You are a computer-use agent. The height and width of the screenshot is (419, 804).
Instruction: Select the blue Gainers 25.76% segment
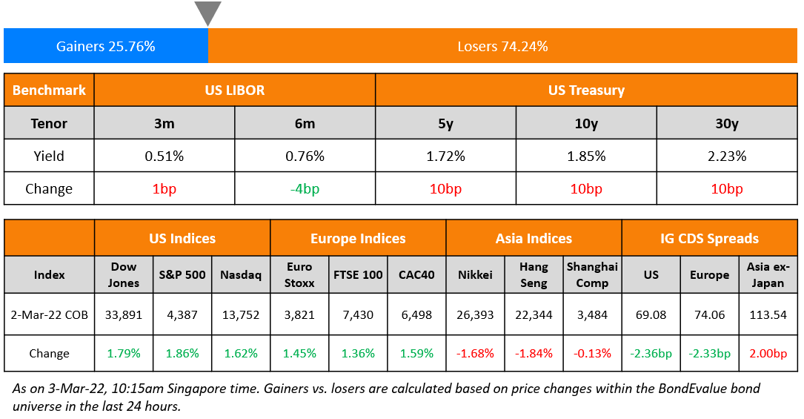point(106,46)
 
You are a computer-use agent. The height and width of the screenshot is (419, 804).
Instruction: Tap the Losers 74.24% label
point(502,46)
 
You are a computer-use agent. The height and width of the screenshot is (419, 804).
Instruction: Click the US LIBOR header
point(235,90)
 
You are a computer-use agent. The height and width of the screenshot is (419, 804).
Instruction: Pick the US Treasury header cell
point(586,90)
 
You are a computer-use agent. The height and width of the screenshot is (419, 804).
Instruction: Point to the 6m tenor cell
point(305,123)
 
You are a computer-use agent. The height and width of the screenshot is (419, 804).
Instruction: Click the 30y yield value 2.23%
point(727,156)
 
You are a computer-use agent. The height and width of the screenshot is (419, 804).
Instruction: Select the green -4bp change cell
point(305,188)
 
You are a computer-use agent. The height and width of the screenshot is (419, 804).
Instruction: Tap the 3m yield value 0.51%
point(164,156)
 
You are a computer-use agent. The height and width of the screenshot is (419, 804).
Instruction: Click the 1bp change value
point(164,188)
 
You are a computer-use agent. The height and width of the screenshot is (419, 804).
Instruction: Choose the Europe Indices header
point(358,239)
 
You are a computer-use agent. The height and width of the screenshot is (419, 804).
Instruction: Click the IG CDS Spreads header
point(709,239)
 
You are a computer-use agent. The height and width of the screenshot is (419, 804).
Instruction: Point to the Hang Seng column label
point(534,274)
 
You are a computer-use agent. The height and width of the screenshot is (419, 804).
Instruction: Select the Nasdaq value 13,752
point(241,314)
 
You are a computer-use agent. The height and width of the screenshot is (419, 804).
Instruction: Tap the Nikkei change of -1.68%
point(475,353)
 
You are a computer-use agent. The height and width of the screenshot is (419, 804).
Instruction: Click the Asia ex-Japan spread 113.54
point(768,314)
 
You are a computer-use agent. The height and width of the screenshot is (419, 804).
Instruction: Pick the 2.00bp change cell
point(768,353)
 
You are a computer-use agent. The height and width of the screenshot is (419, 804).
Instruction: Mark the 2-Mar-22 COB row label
point(50,314)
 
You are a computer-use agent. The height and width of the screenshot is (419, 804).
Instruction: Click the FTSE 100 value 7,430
point(358,314)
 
